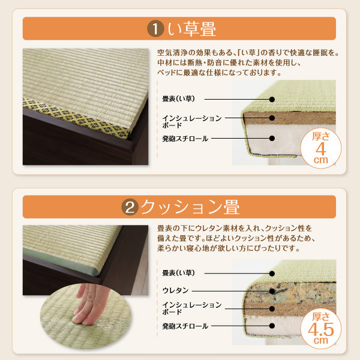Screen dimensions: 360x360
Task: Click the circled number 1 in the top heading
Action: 155,29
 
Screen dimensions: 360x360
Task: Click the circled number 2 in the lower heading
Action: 130,207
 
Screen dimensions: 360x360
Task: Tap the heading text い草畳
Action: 192,29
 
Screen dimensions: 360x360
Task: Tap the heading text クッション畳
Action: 190,207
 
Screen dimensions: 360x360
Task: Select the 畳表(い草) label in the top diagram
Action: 178,99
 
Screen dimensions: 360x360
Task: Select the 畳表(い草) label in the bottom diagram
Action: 178,273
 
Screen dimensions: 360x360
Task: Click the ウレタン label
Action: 175,290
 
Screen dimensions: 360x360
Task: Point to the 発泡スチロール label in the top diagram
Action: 185,139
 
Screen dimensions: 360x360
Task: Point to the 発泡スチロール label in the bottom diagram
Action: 185,326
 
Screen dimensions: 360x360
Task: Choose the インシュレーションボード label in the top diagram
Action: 192,122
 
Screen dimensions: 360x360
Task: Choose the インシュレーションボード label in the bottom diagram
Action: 192,308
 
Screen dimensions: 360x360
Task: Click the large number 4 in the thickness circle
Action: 321,149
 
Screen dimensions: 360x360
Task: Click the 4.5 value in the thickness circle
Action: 321,329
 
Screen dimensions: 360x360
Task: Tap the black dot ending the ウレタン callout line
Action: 272,291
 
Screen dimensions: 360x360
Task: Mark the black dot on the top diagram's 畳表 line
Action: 272,100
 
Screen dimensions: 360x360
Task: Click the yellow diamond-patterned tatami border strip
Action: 76,118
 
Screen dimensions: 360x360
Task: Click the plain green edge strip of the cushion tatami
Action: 61,262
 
